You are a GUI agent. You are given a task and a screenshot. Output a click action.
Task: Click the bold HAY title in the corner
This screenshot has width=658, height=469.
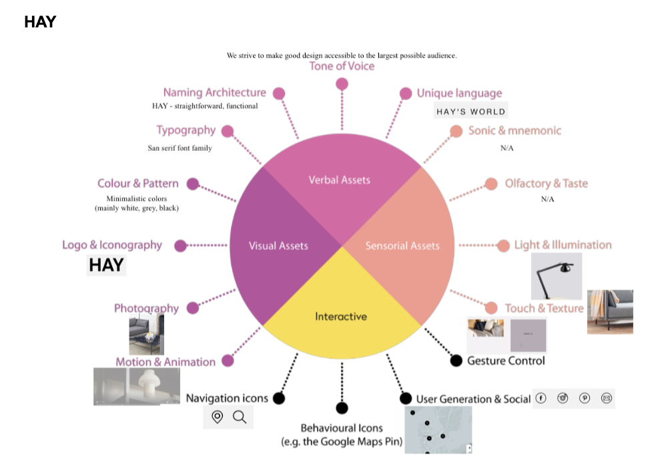click(40, 22)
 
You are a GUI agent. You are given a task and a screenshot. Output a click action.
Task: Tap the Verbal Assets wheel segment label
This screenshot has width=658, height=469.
click(339, 180)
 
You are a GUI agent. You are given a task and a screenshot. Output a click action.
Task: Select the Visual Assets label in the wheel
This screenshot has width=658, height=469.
click(278, 246)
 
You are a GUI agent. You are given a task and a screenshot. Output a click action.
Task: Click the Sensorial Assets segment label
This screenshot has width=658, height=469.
click(402, 246)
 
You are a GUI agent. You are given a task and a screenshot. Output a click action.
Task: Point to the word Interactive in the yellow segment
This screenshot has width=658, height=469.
click(341, 316)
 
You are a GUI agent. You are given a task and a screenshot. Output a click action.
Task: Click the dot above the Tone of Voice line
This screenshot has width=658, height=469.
click(342, 84)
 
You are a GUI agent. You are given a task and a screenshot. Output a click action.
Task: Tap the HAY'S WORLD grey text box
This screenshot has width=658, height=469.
click(470, 111)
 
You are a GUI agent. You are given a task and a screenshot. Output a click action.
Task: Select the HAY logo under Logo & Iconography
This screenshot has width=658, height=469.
click(106, 265)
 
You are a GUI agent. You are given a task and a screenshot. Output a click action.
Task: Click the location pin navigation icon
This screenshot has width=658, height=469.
click(217, 418)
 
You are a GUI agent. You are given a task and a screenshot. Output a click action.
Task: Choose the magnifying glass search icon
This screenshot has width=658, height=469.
click(240, 418)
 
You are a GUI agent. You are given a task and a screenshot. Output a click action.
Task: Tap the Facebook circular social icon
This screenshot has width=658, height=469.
click(541, 398)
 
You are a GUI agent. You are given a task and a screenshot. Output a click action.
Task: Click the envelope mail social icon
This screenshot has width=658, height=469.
click(607, 398)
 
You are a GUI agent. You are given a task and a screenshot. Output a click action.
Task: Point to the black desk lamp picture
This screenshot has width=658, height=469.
click(557, 276)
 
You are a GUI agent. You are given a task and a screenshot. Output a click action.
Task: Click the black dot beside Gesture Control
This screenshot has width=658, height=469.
click(456, 361)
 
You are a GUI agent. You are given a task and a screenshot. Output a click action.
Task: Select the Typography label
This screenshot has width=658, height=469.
click(186, 130)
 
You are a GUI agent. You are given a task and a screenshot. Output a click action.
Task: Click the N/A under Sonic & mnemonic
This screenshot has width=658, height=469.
click(507, 148)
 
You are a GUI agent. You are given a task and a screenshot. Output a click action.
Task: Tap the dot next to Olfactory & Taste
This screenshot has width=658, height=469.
click(491, 184)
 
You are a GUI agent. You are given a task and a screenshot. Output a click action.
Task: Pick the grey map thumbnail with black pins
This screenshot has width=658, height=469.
click(438, 430)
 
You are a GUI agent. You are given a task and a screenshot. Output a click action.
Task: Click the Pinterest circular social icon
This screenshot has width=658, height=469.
click(585, 398)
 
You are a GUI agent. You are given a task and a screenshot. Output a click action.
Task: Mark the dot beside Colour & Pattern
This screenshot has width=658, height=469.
click(193, 184)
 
